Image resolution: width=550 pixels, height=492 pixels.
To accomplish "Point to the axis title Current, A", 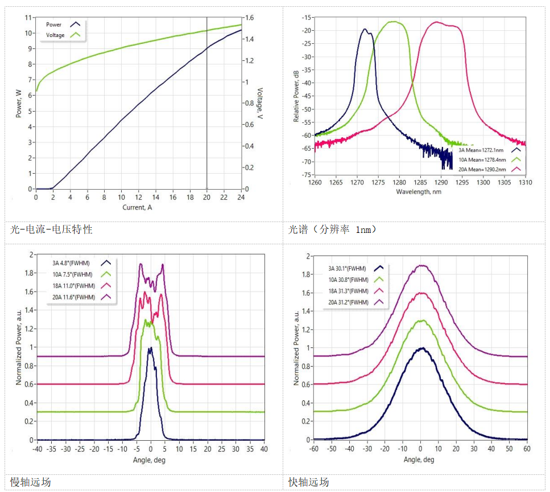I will pyautogui.click(x=138, y=207).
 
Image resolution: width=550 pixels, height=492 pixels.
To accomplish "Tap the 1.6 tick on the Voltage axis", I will pyautogui.click(x=249, y=18).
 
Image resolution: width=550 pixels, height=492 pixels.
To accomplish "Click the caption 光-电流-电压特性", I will pyautogui.click(x=51, y=230).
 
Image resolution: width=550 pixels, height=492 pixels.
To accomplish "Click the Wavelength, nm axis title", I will pyautogui.click(x=419, y=191).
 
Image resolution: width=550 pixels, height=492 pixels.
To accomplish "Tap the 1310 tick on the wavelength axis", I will pyautogui.click(x=525, y=183).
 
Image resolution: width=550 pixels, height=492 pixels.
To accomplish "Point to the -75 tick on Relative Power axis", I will pyautogui.click(x=307, y=175).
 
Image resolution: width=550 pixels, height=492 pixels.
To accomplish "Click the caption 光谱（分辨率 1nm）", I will pyautogui.click(x=332, y=230).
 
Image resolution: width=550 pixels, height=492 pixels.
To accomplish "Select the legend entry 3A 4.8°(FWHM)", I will pyautogui.click(x=72, y=263).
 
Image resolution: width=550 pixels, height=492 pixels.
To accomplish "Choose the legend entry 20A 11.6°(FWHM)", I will pyautogui.click(x=73, y=297).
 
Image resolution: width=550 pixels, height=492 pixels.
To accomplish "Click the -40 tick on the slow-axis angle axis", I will pyautogui.click(x=38, y=449).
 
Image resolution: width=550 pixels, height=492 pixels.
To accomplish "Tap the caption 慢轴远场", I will pyautogui.click(x=31, y=482).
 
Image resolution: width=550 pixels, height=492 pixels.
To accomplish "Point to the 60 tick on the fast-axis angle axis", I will pyautogui.click(x=527, y=449).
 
